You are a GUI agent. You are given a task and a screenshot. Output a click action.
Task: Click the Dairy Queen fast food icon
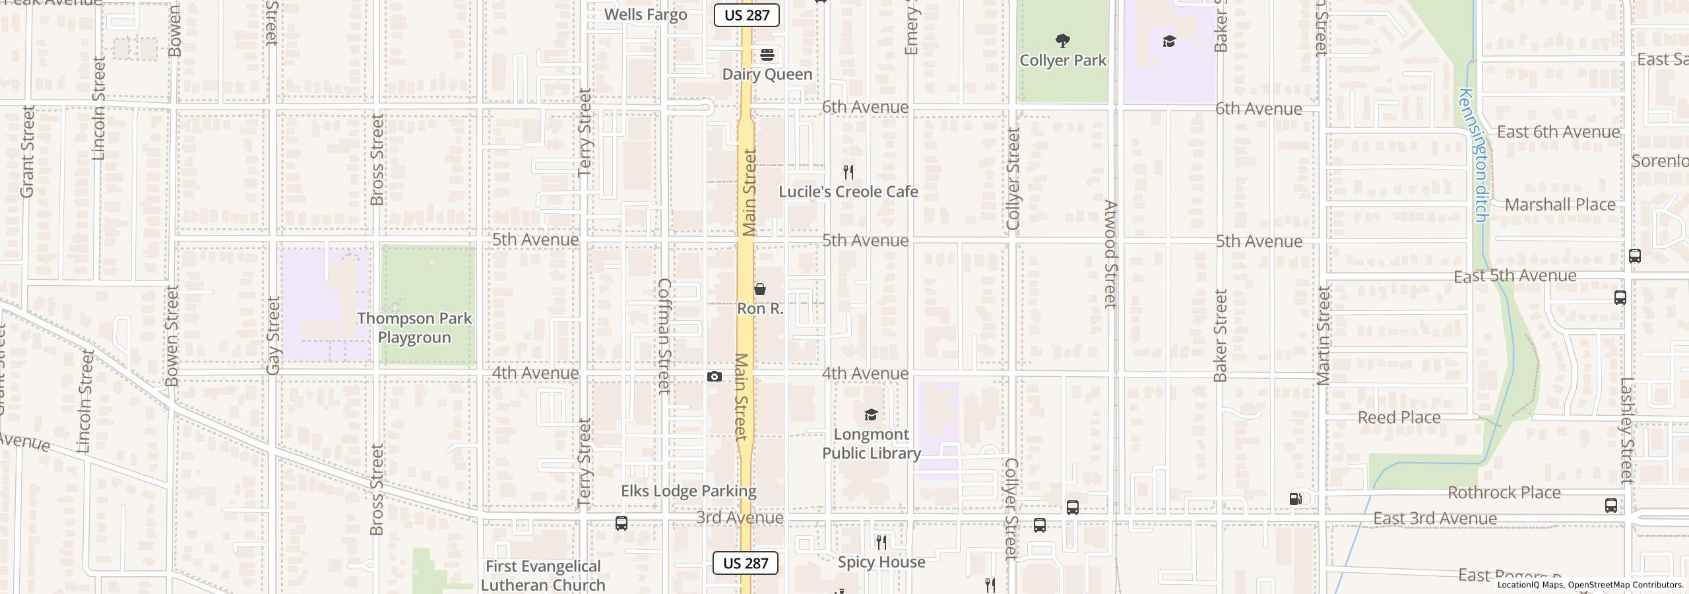(767, 55)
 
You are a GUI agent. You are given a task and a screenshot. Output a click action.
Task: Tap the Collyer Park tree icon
(1062, 42)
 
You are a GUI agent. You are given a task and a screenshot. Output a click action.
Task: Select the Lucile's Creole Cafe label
(848, 192)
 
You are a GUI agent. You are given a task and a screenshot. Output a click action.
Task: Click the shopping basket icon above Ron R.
(760, 289)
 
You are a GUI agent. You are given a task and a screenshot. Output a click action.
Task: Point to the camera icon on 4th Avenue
(714, 377)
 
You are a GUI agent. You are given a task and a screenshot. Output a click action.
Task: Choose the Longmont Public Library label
(871, 444)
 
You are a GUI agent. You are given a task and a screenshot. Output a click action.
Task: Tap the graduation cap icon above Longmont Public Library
(871, 414)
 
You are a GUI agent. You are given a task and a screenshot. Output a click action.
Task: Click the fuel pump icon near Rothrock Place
(1296, 499)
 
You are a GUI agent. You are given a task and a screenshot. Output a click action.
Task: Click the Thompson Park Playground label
(414, 328)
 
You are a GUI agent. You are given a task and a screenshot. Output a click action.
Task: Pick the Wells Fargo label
(645, 15)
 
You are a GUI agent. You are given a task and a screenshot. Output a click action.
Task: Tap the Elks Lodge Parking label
(688, 491)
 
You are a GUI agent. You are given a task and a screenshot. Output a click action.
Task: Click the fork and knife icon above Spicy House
(881, 543)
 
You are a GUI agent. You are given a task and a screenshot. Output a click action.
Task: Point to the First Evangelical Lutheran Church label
(543, 576)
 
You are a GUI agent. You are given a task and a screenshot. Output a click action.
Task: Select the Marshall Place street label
(1560, 205)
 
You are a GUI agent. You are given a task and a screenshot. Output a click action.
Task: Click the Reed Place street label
(1399, 418)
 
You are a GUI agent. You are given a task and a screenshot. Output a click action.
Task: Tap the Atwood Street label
(1111, 254)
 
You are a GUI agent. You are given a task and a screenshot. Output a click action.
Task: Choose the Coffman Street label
(664, 336)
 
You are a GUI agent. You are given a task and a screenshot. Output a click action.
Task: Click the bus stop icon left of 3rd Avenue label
(621, 523)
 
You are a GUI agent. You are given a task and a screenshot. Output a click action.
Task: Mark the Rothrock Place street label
(1504, 493)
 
